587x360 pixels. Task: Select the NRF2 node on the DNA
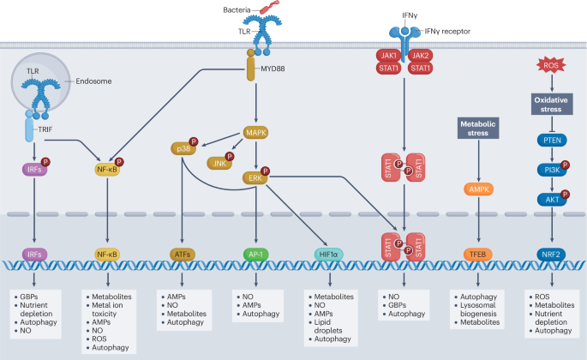coord(551,255)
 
